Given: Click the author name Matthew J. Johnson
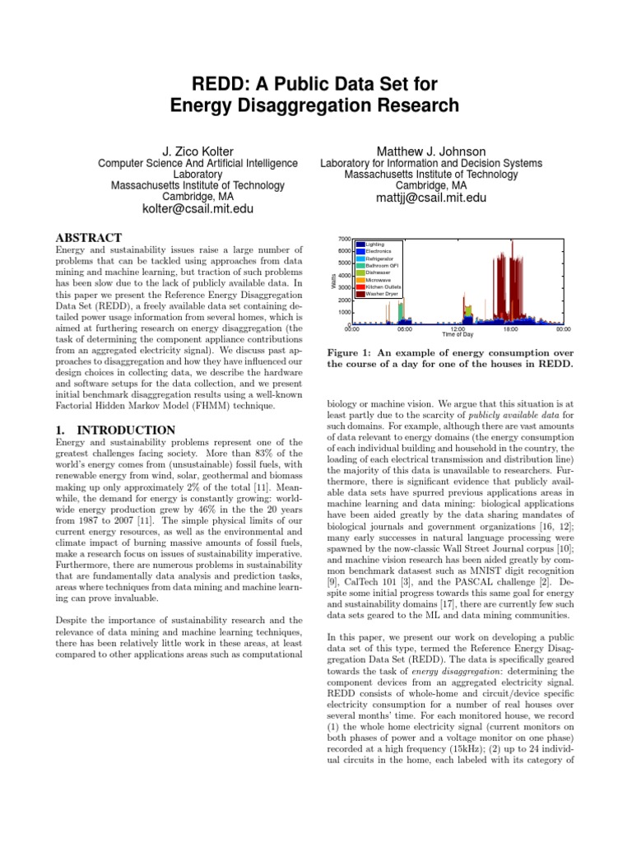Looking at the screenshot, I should pyautogui.click(x=431, y=151).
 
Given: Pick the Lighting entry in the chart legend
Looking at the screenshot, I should pyautogui.click(x=375, y=245).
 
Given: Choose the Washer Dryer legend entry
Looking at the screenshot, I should pyautogui.click(x=383, y=293).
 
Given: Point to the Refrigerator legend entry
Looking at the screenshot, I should pyautogui.click(x=381, y=258).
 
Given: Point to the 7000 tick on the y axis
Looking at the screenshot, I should pyautogui.click(x=343, y=239).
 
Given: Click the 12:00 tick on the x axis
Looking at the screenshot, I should pyautogui.click(x=458, y=329).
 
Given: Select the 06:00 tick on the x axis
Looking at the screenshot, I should pyautogui.click(x=404, y=329).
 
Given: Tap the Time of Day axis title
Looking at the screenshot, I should pyautogui.click(x=457, y=335).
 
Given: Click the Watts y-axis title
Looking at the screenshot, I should pyautogui.click(x=332, y=282).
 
